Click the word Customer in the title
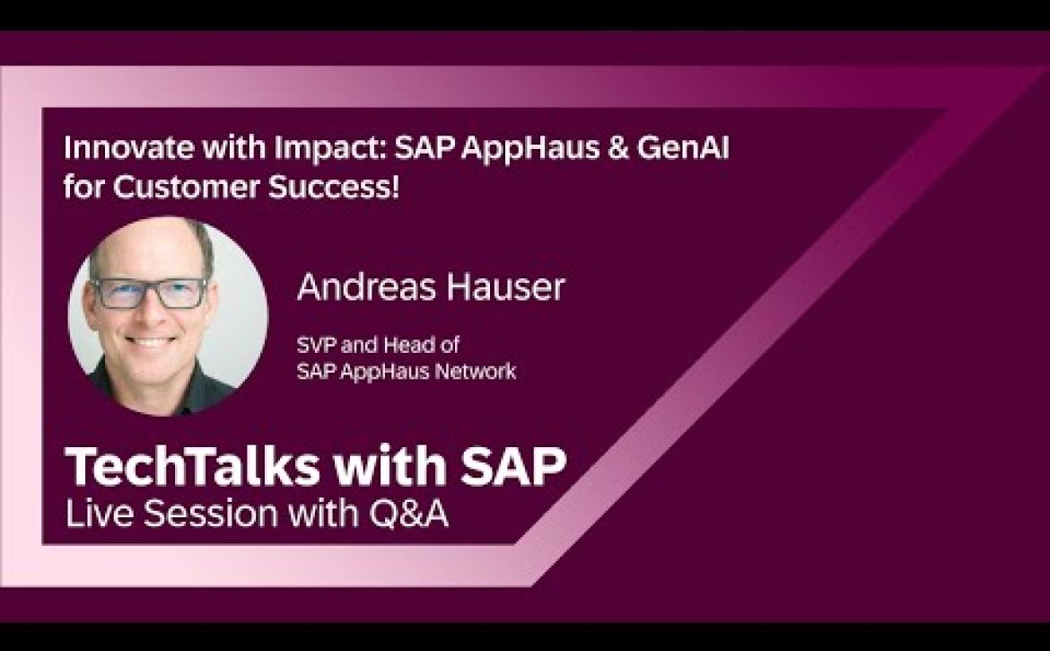(186, 187)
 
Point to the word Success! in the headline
(334, 187)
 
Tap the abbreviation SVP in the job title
(315, 345)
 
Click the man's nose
(152, 315)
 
